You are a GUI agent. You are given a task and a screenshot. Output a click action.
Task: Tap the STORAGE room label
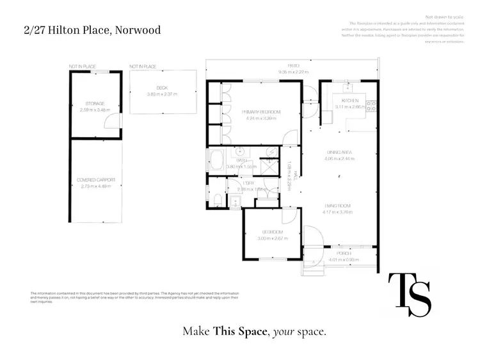coord(95,103)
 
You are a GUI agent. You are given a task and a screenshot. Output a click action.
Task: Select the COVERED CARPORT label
coord(95,181)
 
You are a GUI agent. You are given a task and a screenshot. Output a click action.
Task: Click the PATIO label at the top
coord(294,66)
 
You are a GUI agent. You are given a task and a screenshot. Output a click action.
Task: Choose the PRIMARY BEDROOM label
coord(261,112)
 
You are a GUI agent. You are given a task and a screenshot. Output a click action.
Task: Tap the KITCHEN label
coord(349,101)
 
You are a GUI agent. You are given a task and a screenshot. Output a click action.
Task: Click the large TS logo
coord(410,295)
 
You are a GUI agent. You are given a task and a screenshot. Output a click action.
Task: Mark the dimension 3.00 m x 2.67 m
coord(273,238)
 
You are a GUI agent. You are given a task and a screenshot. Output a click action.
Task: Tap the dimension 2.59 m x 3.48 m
coord(95,110)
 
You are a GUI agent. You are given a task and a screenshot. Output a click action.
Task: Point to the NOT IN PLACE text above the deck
coord(143,67)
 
